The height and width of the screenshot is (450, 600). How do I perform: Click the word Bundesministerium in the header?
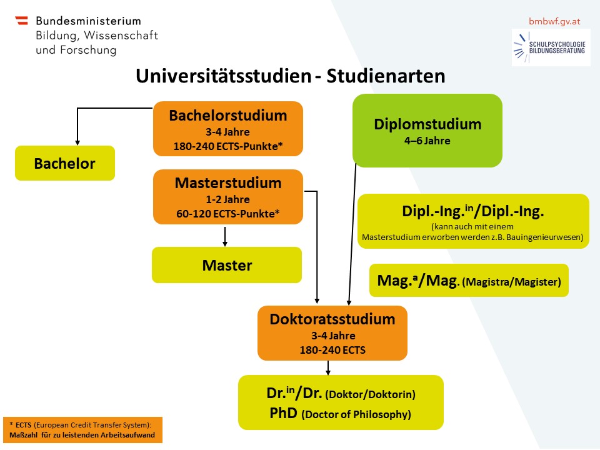click(88, 21)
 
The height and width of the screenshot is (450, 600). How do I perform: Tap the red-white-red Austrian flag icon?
click(22, 20)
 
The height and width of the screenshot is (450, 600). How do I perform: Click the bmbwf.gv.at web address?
click(554, 21)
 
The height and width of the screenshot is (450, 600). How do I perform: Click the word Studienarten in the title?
click(386, 76)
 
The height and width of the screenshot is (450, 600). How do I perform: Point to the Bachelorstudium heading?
click(228, 115)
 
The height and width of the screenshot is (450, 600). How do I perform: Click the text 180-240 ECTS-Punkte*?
click(228, 146)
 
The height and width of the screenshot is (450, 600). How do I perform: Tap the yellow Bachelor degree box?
click(65, 163)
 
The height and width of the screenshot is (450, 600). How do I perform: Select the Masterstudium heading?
click(228, 183)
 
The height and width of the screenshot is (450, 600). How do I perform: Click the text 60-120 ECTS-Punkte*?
click(228, 214)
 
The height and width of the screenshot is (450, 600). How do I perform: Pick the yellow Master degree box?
click(227, 265)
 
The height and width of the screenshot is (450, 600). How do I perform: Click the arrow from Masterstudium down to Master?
click(225, 236)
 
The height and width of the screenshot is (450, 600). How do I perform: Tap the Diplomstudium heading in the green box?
click(427, 124)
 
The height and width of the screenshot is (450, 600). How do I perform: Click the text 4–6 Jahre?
click(427, 141)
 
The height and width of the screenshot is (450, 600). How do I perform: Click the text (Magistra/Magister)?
click(512, 282)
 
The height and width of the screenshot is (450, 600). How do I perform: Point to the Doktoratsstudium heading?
click(332, 319)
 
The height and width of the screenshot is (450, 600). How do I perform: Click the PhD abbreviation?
click(284, 413)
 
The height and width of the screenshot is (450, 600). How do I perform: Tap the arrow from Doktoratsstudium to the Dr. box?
click(328, 367)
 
